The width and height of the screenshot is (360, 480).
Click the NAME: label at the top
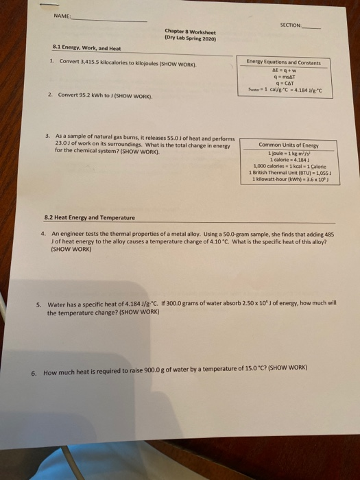(x=62, y=19)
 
